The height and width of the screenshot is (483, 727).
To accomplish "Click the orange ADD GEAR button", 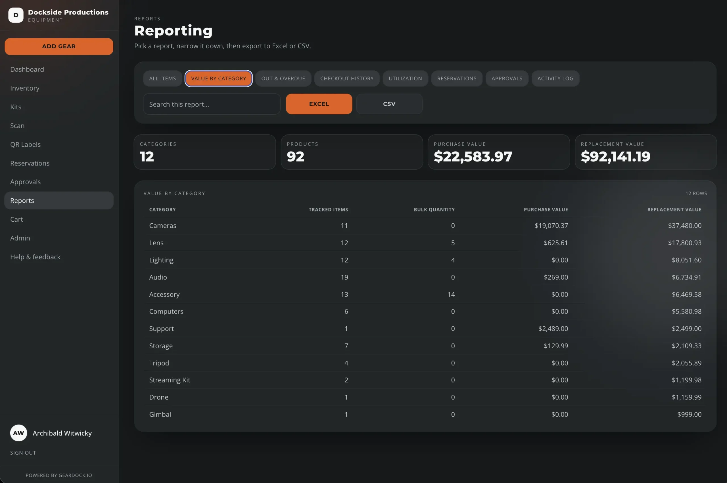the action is coord(59,47).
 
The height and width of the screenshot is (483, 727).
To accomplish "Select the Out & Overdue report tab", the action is coord(283,79).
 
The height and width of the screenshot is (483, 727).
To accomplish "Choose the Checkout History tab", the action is coord(347,79).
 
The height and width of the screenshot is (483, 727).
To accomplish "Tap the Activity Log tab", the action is coord(555,79).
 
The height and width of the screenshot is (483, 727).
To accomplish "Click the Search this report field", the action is coord(212,104).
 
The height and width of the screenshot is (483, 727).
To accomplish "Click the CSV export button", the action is coord(389,104).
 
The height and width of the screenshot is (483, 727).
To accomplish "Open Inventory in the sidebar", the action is coord(25,88).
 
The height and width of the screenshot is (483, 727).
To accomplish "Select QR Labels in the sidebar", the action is coord(25,144).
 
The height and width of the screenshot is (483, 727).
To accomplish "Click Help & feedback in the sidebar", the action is coord(35,257).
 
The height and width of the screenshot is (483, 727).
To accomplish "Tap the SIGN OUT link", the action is coord(23,453).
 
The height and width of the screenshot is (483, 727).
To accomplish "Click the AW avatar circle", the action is coord(18,433).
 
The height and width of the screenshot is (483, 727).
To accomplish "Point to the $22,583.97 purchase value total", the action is coord(473,156).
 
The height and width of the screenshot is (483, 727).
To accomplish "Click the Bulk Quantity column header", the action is coord(434,209).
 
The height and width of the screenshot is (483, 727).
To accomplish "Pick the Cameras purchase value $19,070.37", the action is coord(551,226).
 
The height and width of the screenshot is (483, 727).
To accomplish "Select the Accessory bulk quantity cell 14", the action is coord(451,295).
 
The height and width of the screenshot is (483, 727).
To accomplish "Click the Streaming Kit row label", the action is coord(170,380).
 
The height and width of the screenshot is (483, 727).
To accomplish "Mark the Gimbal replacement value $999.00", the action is coord(689,414).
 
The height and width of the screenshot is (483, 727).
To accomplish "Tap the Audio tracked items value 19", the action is coord(344,277).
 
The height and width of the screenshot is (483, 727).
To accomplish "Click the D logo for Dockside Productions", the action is coord(16,15).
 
